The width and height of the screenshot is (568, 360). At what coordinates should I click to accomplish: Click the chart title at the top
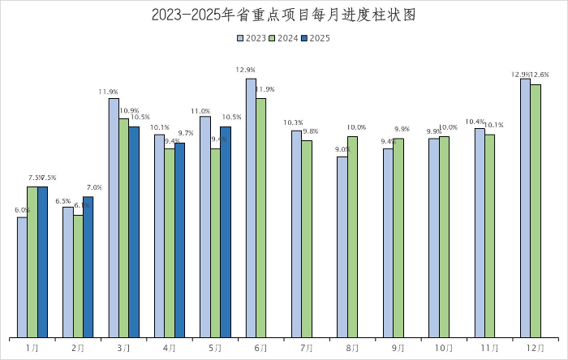coord(283,15)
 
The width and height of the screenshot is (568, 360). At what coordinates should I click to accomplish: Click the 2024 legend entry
coord(283,38)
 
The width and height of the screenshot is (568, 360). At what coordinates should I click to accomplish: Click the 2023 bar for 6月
coord(251,208)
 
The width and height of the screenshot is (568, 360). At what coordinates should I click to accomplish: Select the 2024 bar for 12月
coord(536,211)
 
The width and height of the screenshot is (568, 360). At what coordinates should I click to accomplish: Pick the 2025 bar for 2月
coord(88,267)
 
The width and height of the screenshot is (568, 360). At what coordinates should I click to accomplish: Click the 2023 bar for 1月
coord(22,276)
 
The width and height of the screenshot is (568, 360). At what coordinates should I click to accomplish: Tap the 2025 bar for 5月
coord(226,231)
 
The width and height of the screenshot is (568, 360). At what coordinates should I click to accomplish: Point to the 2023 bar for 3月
coord(114,216)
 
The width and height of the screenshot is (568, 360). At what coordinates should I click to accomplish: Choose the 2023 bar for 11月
coord(480,233)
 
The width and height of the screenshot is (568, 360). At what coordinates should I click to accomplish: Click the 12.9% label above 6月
coord(245,71)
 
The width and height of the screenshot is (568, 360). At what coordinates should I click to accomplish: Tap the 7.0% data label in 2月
coord(94,188)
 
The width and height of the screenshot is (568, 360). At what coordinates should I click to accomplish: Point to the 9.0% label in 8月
coord(342,149)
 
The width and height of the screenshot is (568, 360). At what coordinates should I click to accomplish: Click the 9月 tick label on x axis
coord(398,348)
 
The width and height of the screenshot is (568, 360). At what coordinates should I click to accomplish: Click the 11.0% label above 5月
coord(200,111)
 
